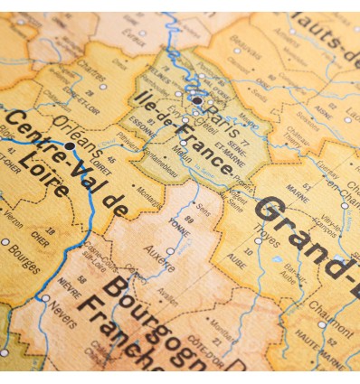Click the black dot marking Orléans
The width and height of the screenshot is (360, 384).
[70, 145]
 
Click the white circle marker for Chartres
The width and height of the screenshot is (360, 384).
[102, 88]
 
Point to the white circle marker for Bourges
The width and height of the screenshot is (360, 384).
[5, 241]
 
